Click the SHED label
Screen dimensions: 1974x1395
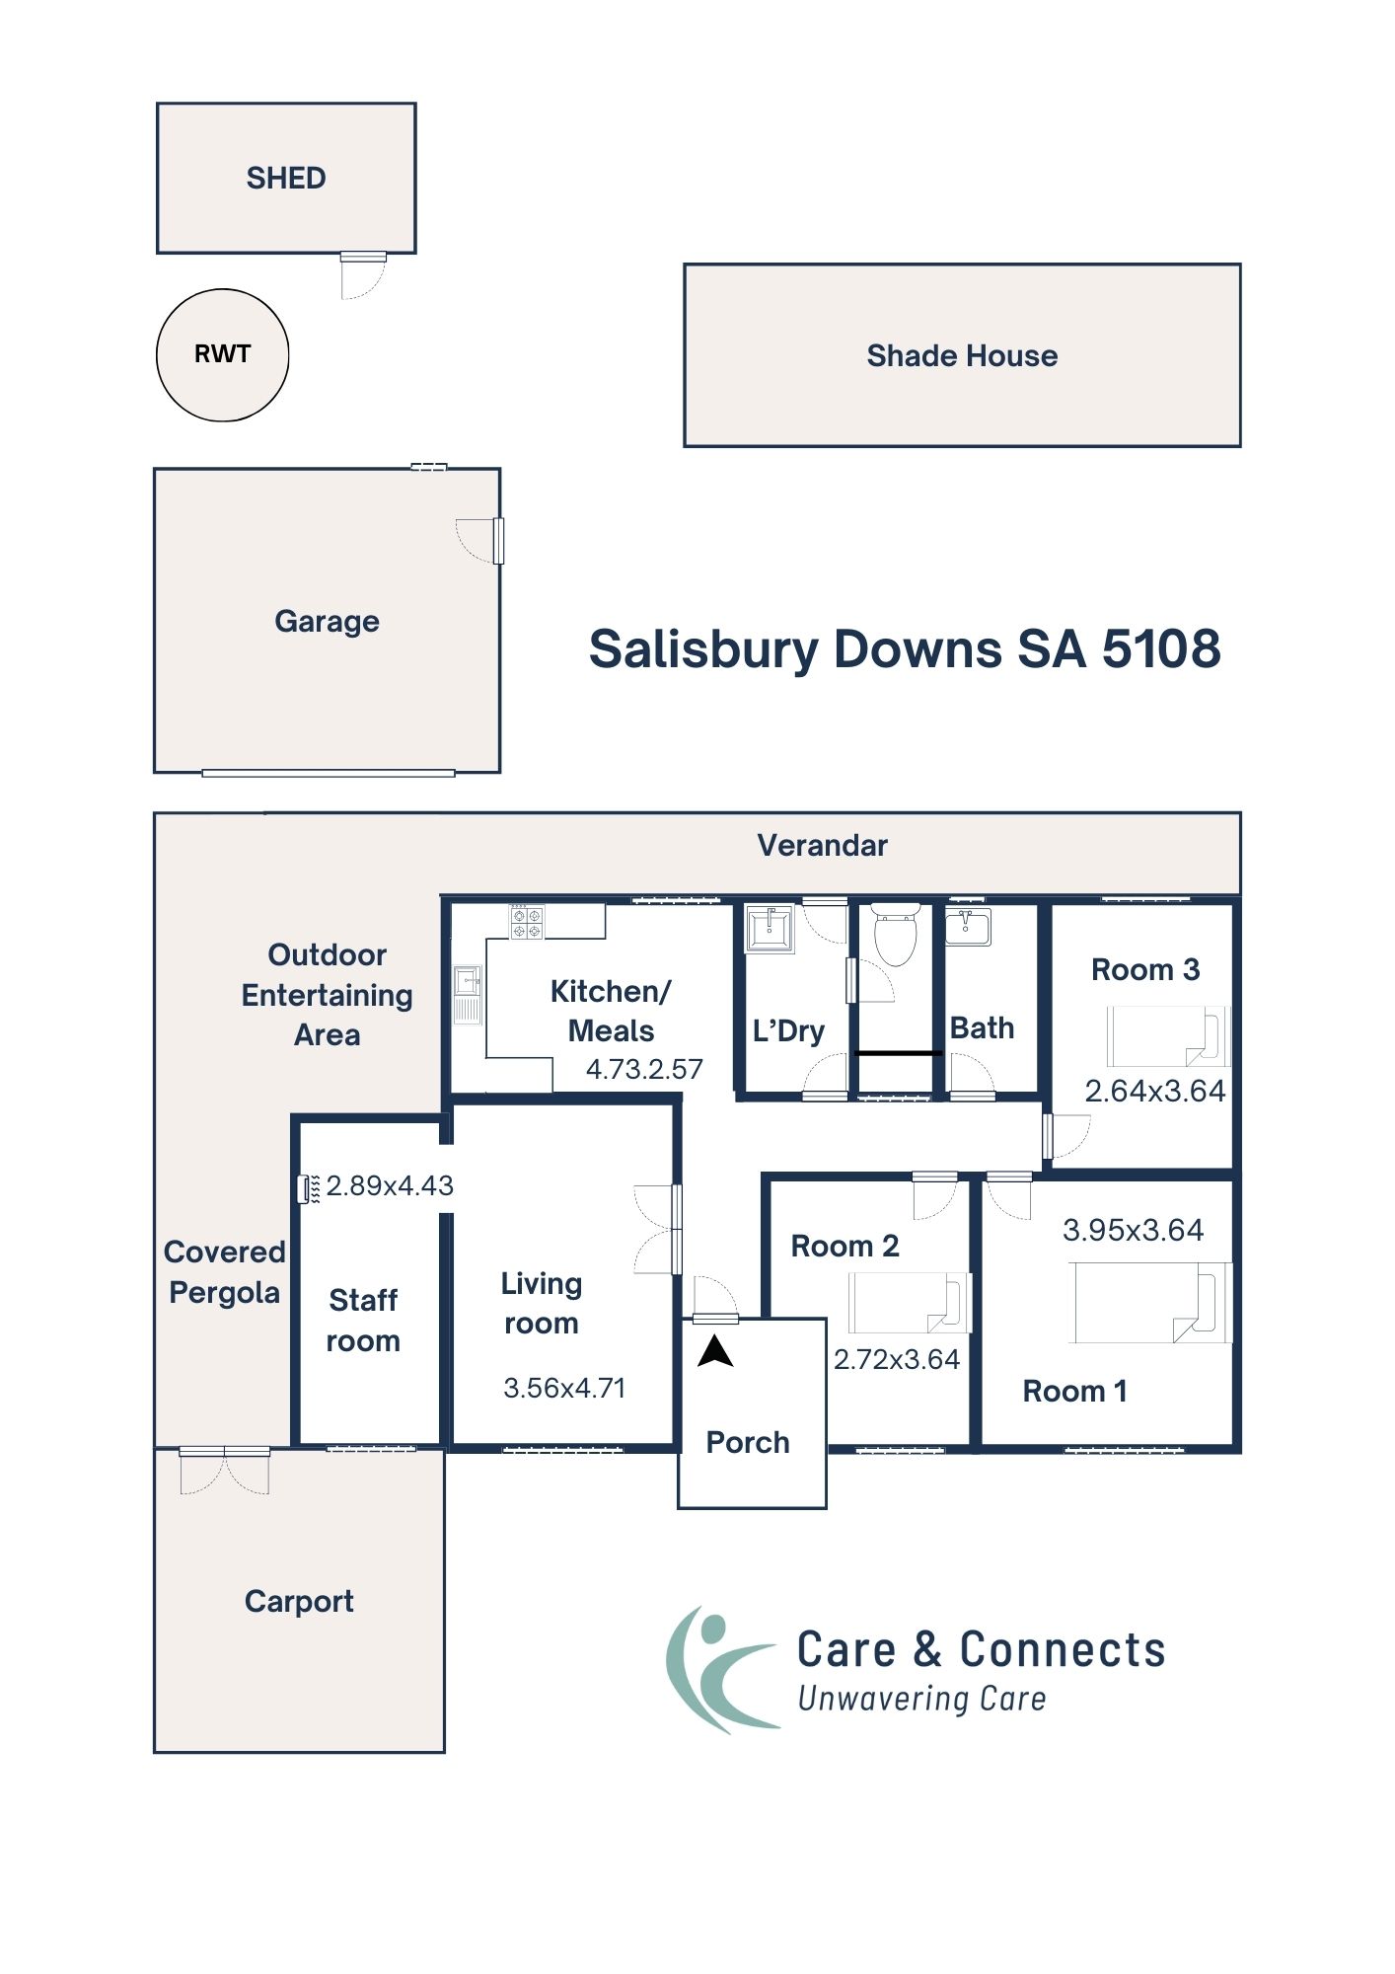pyautogui.click(x=286, y=179)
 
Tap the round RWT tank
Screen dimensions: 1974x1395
pyautogui.click(x=223, y=355)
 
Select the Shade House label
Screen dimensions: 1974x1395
pyautogui.click(x=962, y=356)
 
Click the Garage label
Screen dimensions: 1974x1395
pyautogui.click(x=327, y=622)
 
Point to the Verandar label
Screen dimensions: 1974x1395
pyautogui.click(x=822, y=846)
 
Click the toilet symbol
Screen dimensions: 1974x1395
pyautogui.click(x=896, y=935)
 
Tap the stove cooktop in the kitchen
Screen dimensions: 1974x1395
pyautogui.click(x=526, y=923)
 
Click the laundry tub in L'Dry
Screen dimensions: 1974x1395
pyautogui.click(x=770, y=929)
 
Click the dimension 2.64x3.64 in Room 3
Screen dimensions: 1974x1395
pyautogui.click(x=1154, y=1092)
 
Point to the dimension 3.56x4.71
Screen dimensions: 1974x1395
pyautogui.click(x=564, y=1389)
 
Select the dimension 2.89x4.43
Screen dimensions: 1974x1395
pyautogui.click(x=390, y=1186)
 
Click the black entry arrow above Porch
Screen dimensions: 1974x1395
pyautogui.click(x=715, y=1352)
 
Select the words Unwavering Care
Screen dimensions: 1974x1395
pyautogui.click(x=921, y=1700)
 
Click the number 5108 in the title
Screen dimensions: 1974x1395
pyautogui.click(x=1161, y=650)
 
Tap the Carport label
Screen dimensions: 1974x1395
pyautogui.click(x=299, y=1601)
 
